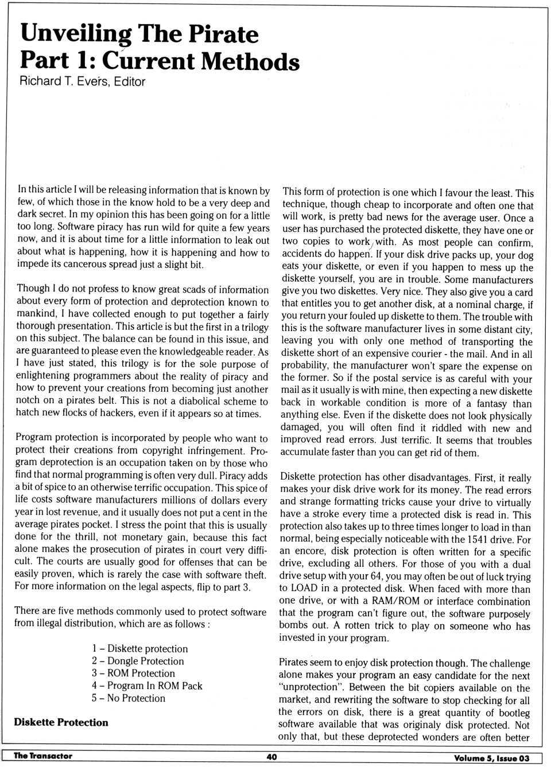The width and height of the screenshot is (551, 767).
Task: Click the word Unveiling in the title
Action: coord(76,34)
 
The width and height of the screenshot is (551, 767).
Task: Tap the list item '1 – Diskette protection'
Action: coord(139,648)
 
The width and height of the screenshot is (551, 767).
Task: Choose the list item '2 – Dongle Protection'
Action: coord(138,661)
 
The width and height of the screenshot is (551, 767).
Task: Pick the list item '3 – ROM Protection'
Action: coord(133,673)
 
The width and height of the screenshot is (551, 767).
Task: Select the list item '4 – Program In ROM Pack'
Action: coord(147,686)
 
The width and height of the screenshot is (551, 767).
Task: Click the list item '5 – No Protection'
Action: coord(129,698)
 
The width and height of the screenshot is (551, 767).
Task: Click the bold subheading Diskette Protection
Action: coord(61,722)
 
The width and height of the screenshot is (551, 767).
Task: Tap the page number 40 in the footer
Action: coord(271,757)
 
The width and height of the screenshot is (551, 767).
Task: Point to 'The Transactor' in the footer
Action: coord(43,756)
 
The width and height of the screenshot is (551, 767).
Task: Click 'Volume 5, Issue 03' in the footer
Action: coord(491,758)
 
